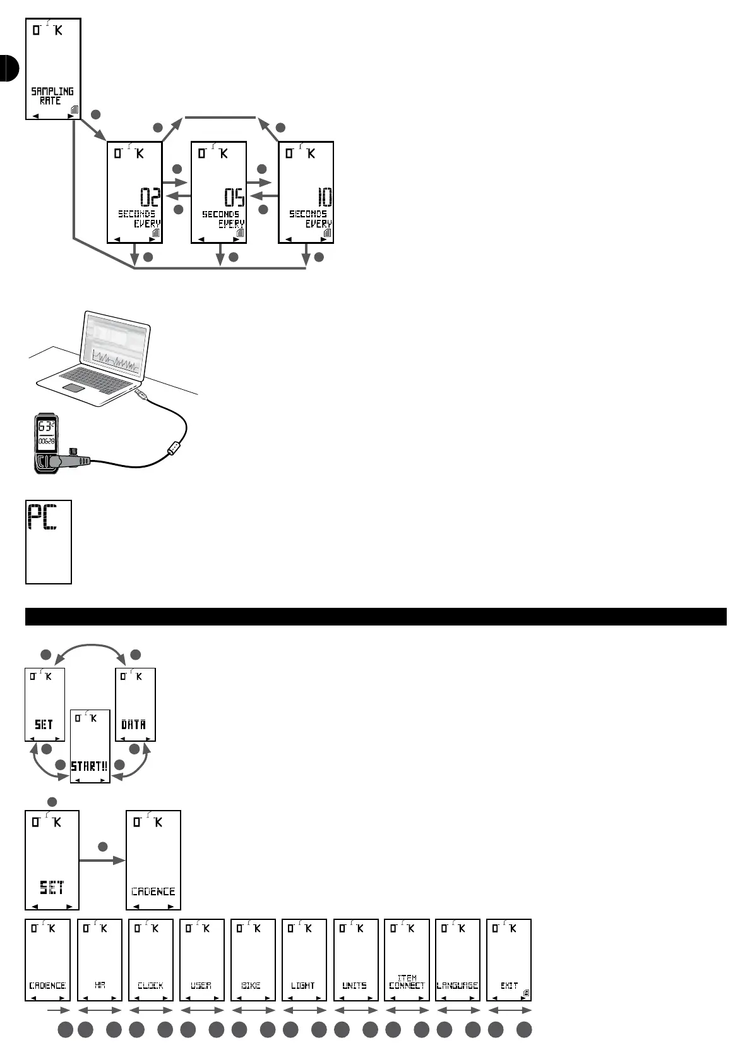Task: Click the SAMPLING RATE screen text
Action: click(x=52, y=96)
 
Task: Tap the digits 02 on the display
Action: click(x=150, y=197)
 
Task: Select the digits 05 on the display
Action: click(x=234, y=197)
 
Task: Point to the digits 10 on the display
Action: click(x=324, y=197)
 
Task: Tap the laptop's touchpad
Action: click(x=73, y=387)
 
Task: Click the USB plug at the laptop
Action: click(x=142, y=396)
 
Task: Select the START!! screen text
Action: click(x=89, y=766)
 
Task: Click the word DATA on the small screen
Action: click(x=134, y=725)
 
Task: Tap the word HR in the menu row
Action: click(x=100, y=986)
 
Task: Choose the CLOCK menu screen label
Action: click(x=150, y=986)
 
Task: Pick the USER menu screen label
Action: click(x=201, y=986)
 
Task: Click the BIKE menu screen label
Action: click(x=252, y=986)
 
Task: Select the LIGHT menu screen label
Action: click(x=303, y=986)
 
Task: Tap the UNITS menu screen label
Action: click(x=355, y=986)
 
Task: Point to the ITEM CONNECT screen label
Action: click(x=407, y=982)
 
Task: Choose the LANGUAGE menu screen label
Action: click(x=458, y=986)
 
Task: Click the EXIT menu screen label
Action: click(x=509, y=986)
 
